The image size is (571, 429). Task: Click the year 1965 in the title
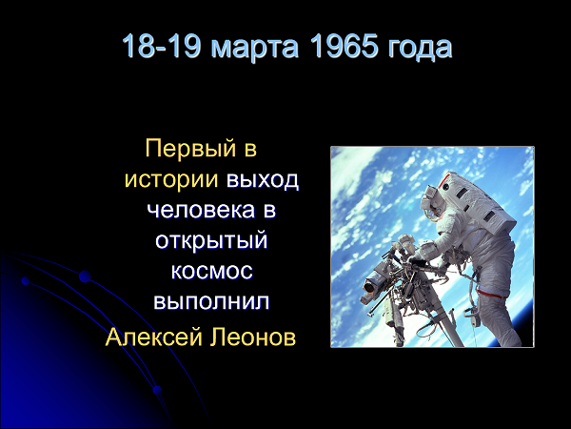coord(344,47)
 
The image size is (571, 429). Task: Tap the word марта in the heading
coord(255,48)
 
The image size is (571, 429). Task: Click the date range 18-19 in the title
coord(162,47)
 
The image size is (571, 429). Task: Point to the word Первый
coord(189,149)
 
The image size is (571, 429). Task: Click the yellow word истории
coord(170,179)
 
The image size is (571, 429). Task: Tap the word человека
coord(201,211)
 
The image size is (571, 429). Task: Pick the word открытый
coord(211,241)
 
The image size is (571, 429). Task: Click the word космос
coord(211,272)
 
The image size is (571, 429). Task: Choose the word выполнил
coord(211,301)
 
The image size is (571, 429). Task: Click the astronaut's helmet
coord(431,201)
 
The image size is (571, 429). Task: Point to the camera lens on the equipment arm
coord(369,286)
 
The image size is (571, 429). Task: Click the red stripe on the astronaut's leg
coord(492,294)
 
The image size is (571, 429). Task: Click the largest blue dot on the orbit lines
coord(85,276)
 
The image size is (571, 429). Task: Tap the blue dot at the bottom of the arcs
coord(157,390)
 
